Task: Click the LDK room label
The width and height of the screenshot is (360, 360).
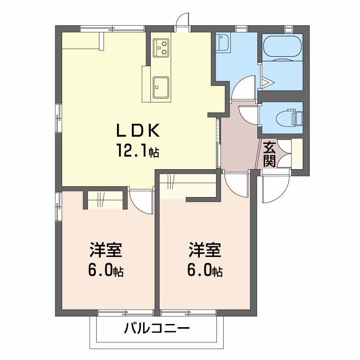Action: [138, 130]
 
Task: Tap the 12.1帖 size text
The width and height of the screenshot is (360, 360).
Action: [138, 150]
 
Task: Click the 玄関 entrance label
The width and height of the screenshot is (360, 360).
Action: [269, 154]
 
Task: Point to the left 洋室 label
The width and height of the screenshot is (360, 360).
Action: [106, 250]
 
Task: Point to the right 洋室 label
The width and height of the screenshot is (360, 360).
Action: [205, 250]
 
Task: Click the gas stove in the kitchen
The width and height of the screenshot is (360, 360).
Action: [161, 48]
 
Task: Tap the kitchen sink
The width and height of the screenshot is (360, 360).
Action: [161, 87]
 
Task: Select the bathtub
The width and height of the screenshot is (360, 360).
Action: [282, 47]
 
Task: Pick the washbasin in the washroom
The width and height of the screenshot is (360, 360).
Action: [223, 43]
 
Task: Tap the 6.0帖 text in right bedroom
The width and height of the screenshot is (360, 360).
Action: [205, 270]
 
